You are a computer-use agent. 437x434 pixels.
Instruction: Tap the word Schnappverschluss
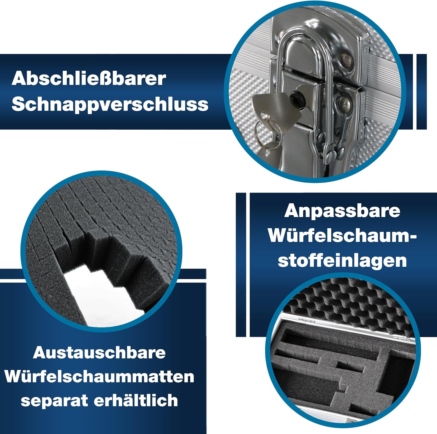click(110, 104)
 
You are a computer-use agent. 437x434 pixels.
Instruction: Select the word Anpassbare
click(342, 211)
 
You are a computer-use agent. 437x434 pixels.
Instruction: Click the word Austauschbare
click(99, 353)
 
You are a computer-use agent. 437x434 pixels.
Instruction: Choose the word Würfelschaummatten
click(99, 377)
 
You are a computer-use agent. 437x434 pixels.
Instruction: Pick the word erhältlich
click(136, 400)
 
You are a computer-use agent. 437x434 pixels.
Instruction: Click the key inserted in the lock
click(275, 108)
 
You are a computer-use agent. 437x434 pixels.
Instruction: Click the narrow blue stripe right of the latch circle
click(422, 92)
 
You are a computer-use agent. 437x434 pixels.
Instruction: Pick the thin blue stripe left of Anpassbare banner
click(241, 265)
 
